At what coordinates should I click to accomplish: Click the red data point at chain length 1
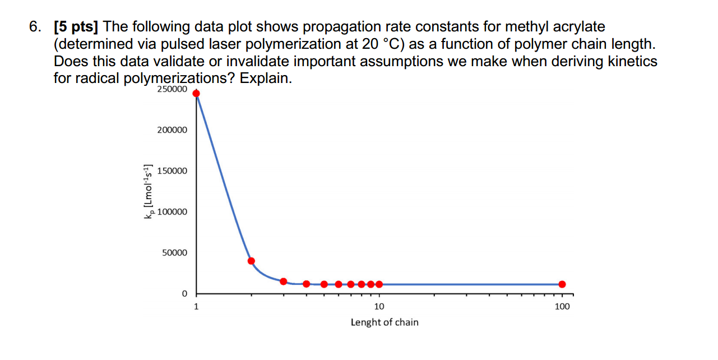click(x=196, y=93)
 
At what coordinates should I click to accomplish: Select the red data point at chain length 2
click(x=251, y=261)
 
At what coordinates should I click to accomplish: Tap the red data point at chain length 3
click(x=284, y=281)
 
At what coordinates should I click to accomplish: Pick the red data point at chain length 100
click(x=562, y=284)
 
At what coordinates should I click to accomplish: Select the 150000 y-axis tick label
click(x=175, y=171)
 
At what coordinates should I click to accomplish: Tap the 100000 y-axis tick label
click(x=175, y=212)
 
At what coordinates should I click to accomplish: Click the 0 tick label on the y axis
click(x=183, y=294)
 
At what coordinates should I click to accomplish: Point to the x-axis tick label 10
click(x=379, y=306)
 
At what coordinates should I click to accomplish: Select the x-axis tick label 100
click(x=562, y=306)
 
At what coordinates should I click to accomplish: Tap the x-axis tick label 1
click(x=196, y=306)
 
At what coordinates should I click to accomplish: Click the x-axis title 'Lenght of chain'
click(x=385, y=322)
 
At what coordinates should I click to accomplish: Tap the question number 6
click(x=35, y=26)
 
